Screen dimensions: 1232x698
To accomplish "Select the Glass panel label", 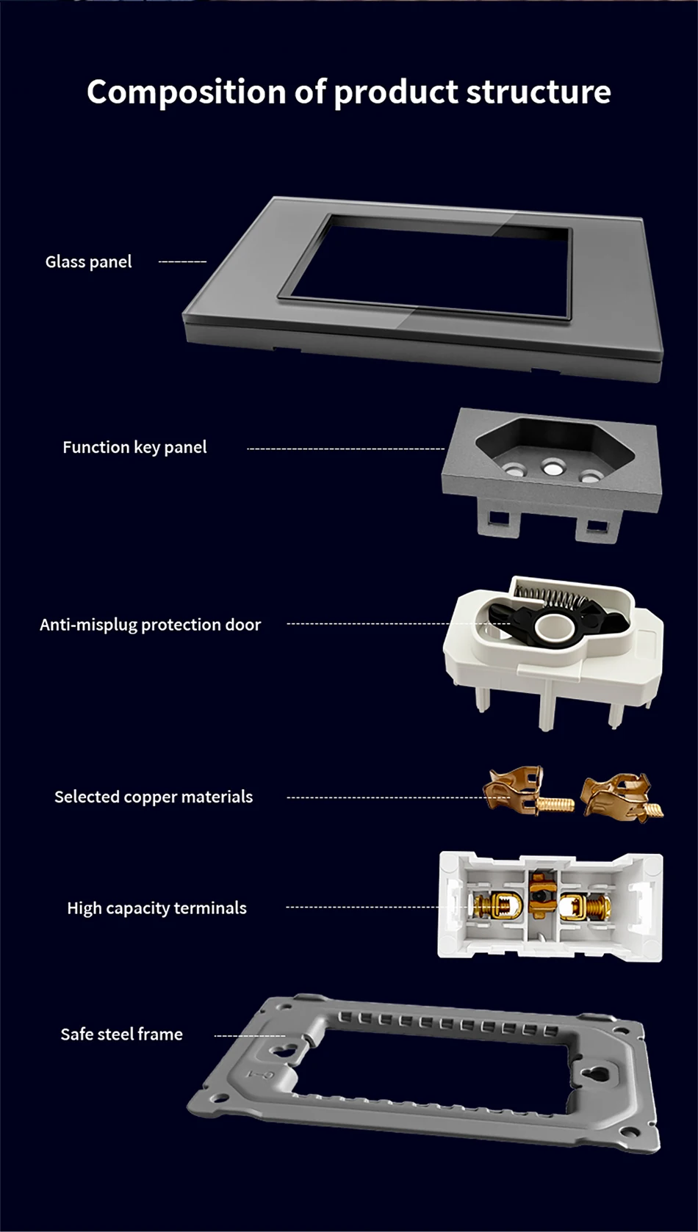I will coord(88,261).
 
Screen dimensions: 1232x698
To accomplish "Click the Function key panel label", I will coord(134,447).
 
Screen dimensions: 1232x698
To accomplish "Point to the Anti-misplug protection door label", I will coord(150,625).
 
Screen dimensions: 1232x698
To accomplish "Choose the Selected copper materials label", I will coord(153,797).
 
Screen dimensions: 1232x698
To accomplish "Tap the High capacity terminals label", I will coord(156,908).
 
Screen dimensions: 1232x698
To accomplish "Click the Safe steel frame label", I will coord(121,1034).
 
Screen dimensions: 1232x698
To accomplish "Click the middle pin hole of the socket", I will coord(552,465).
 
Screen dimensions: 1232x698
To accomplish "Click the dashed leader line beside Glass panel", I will coord(182,261).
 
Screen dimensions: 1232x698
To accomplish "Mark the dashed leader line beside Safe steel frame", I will coord(249,1035).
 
